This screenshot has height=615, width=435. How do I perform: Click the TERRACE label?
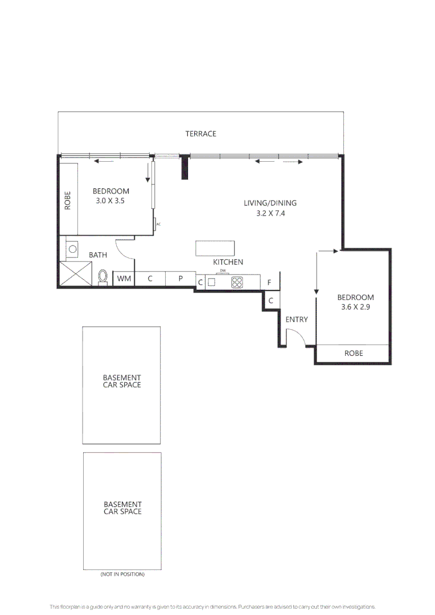[200, 134]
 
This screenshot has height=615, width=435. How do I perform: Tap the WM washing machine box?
[124, 279]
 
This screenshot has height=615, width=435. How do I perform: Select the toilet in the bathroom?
[102, 276]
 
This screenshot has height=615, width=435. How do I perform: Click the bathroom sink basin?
[72, 249]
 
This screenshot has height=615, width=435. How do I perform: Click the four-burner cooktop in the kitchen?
[237, 282]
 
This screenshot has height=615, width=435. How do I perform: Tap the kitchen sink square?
[211, 282]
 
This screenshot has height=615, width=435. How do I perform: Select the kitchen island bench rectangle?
[215, 249]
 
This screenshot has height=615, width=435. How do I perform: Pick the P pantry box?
[180, 279]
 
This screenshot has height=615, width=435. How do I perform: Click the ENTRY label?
[297, 319]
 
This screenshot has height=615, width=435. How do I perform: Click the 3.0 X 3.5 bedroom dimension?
[111, 201]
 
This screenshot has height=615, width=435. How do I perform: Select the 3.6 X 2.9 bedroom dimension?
[356, 307]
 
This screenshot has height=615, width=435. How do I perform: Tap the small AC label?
[158, 224]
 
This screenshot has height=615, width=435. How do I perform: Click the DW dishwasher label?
[223, 271]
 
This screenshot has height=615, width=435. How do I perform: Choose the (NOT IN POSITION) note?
[122, 574]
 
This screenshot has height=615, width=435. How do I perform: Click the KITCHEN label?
[228, 262]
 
